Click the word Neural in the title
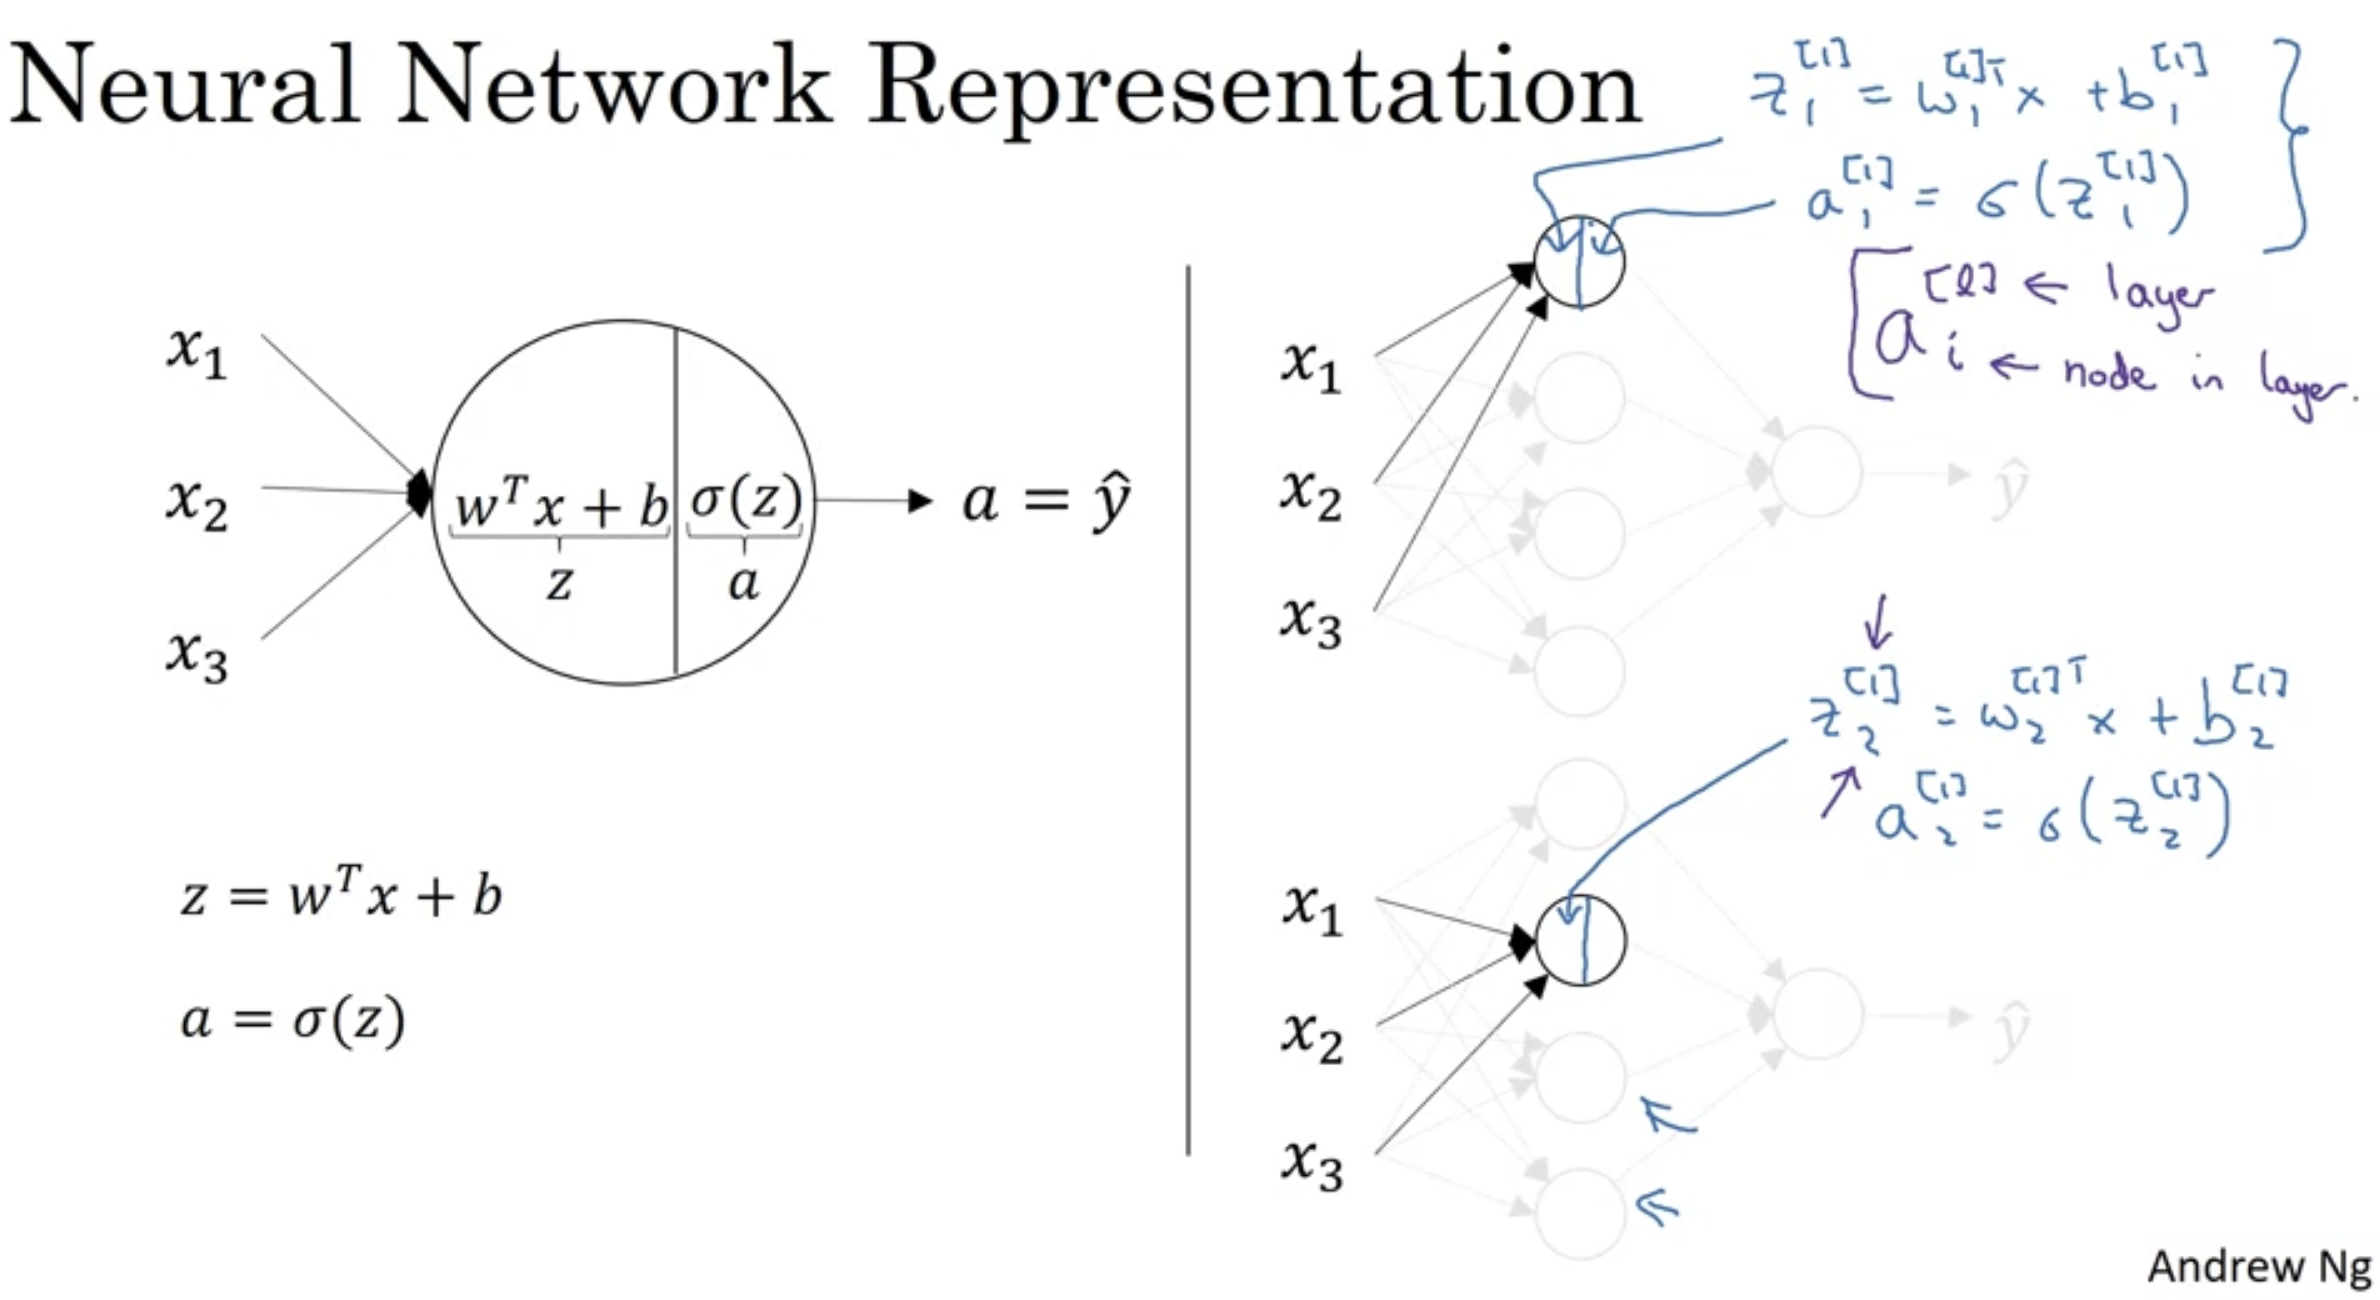(185, 85)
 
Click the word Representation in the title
(1255, 87)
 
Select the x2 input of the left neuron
(196, 503)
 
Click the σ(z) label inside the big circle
(746, 502)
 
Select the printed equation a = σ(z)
(292, 1019)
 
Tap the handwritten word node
(2107, 372)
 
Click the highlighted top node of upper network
(1579, 262)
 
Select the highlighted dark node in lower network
(1580, 940)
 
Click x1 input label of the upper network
(1311, 366)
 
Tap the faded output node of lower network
(1817, 1013)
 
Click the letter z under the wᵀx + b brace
(559, 583)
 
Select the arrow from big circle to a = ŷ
(874, 502)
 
